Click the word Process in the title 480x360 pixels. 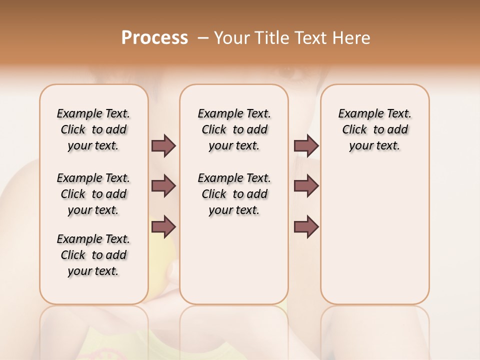pos(154,38)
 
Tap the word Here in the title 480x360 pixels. pos(352,38)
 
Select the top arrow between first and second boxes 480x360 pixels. pos(163,145)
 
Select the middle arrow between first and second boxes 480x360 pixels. pos(163,186)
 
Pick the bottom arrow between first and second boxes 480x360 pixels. pos(163,226)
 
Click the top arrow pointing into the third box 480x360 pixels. pos(306,145)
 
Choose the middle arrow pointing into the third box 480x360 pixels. pos(306,186)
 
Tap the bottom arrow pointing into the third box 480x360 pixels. pos(306,226)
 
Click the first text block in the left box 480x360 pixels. pos(93,129)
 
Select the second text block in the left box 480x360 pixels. pos(93,194)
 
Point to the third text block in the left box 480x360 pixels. pos(93,255)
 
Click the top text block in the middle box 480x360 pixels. pos(234,129)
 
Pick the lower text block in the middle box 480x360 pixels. pos(234,194)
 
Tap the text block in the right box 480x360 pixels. pos(374,129)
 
